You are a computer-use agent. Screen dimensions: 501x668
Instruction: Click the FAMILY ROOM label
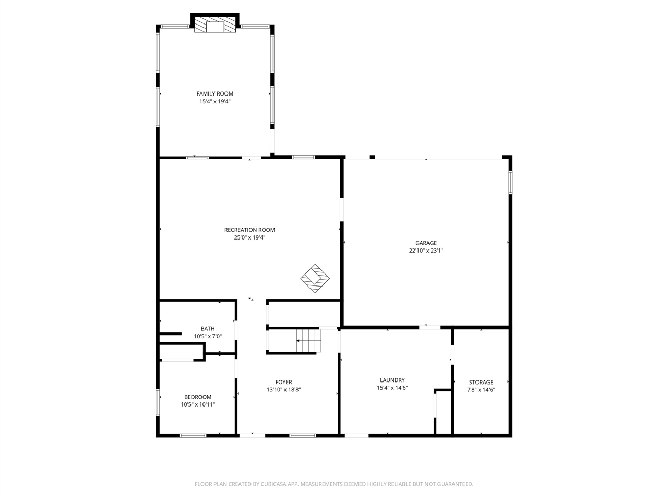(x=214, y=94)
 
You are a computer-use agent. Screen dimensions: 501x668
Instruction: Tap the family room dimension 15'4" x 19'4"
(x=214, y=102)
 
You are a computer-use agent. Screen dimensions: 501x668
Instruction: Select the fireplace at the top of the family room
(x=214, y=26)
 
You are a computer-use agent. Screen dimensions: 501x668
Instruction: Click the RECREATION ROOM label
(x=249, y=230)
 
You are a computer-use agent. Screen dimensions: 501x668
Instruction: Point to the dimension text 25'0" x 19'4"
(x=249, y=237)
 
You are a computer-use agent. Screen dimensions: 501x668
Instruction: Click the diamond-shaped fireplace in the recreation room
(x=315, y=278)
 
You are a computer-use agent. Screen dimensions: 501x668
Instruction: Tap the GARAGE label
(x=426, y=243)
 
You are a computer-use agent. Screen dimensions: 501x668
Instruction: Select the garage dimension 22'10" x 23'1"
(x=426, y=250)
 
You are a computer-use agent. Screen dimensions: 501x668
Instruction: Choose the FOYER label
(x=284, y=382)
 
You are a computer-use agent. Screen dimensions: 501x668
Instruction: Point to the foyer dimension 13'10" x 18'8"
(x=284, y=390)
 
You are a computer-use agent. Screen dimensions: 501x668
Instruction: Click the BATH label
(x=208, y=329)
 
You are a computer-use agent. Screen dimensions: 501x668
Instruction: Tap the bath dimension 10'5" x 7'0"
(x=208, y=337)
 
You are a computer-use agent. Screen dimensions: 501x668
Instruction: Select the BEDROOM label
(x=198, y=397)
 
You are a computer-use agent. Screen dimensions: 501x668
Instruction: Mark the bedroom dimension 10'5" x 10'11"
(x=198, y=404)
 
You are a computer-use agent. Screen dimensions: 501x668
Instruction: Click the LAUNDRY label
(x=392, y=380)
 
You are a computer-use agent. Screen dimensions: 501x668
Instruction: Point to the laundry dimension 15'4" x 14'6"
(x=392, y=388)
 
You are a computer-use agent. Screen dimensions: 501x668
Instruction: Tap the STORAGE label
(x=481, y=383)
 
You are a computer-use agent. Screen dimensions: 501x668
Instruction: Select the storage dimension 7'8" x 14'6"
(x=481, y=390)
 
